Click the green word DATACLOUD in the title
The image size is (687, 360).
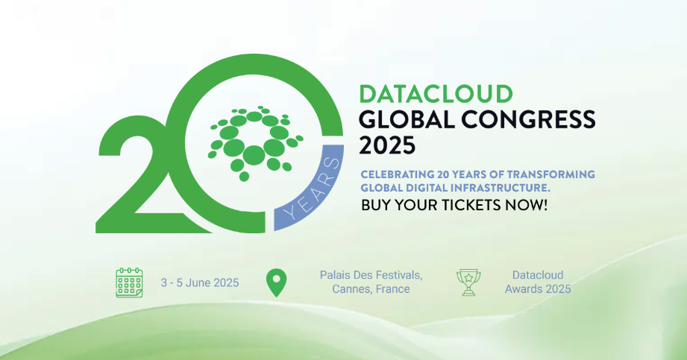pyautogui.click(x=436, y=94)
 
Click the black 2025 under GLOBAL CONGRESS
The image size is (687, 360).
pyautogui.click(x=387, y=145)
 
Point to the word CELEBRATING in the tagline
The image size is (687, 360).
pyautogui.click(x=397, y=174)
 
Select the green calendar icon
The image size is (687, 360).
pyautogui.click(x=129, y=282)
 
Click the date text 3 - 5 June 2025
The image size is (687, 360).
pyautogui.click(x=200, y=283)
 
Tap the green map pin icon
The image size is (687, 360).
pyautogui.click(x=277, y=282)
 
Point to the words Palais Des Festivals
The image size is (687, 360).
pyautogui.click(x=371, y=275)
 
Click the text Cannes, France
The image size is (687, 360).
pyautogui.click(x=371, y=289)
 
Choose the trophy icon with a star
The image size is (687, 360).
pyautogui.click(x=468, y=282)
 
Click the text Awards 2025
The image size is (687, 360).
pyautogui.click(x=538, y=289)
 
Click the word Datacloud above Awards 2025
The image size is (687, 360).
pyautogui.click(x=538, y=275)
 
